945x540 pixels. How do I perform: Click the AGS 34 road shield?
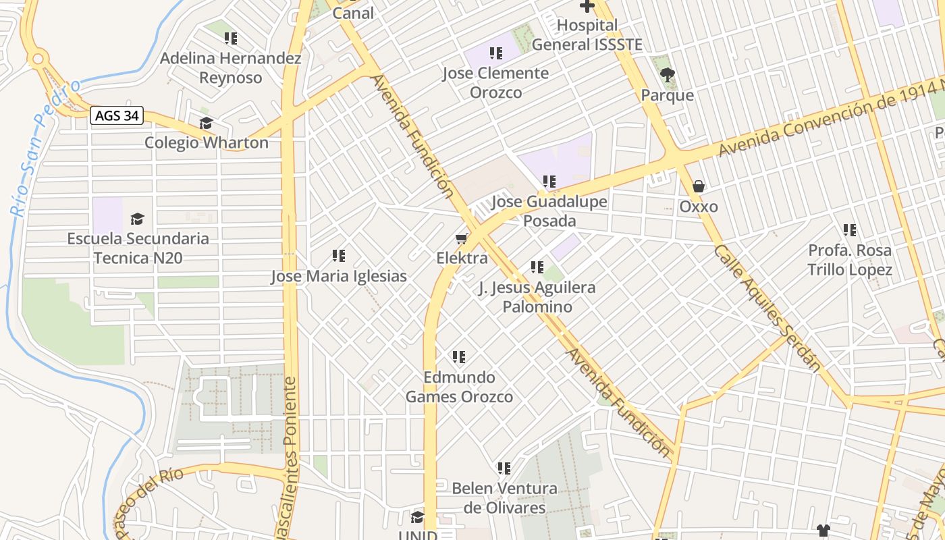coord(117,115)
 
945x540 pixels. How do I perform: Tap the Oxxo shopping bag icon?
coord(699,186)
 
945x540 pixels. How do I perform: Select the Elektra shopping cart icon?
coord(462,238)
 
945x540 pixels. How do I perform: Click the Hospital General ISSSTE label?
coord(587,35)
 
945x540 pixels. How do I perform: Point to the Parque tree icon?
coord(668,75)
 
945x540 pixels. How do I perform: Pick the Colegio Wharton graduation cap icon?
coord(206,123)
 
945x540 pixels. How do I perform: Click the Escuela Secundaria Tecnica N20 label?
coord(138,248)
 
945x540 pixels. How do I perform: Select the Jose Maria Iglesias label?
coord(339,276)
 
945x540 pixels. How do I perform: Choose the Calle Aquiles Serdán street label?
coord(767,308)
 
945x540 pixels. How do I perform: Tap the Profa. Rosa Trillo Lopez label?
coord(850,260)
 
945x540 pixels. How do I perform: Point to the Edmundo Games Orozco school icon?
coord(459,356)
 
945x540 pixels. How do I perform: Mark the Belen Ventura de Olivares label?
coord(504,497)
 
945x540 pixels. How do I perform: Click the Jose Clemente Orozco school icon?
coord(496,53)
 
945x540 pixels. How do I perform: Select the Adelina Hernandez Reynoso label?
coord(230,67)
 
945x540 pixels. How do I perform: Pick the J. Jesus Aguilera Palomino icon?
coord(537,267)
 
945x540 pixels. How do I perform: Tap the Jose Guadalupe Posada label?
coord(549,211)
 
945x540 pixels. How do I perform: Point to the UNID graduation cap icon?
coord(418,518)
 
